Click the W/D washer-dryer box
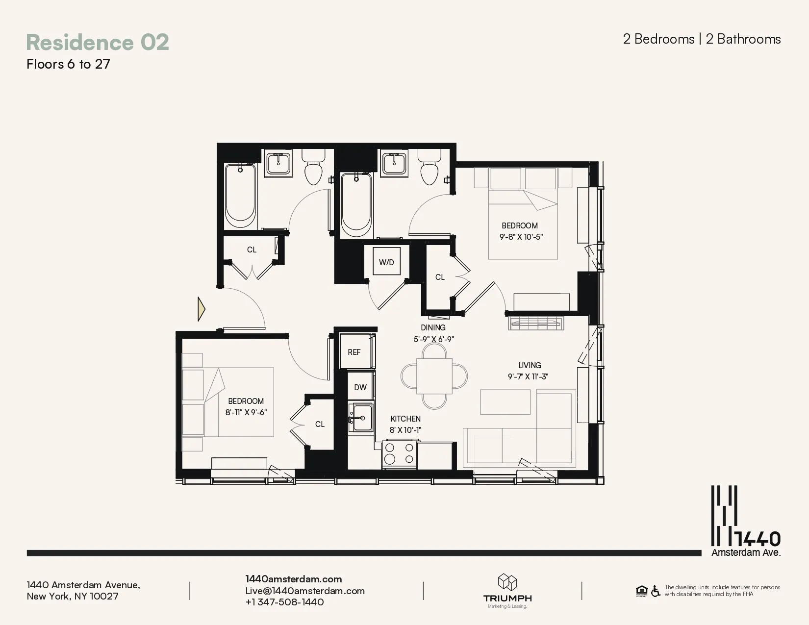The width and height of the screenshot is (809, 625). (386, 262)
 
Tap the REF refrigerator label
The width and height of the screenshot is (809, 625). (354, 352)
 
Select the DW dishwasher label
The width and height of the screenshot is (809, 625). (360, 387)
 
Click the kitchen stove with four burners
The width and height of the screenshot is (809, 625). (399, 454)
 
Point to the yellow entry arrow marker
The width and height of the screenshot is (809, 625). (201, 309)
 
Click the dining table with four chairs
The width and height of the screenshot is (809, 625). (434, 376)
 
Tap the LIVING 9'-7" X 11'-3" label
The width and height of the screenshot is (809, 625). (529, 371)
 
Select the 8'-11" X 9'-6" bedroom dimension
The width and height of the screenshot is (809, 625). (246, 412)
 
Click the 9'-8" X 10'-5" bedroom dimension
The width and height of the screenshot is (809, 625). (521, 237)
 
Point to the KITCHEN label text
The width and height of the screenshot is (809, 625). (405, 419)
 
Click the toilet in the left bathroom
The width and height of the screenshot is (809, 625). (313, 168)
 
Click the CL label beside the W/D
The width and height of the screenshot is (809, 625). (440, 277)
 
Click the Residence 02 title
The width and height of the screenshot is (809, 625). (98, 42)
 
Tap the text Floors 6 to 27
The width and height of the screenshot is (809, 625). (68, 64)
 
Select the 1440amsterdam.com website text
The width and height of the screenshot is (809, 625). (293, 579)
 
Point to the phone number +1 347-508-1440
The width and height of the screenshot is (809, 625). (284, 602)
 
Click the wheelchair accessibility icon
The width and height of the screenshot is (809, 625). (656, 591)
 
